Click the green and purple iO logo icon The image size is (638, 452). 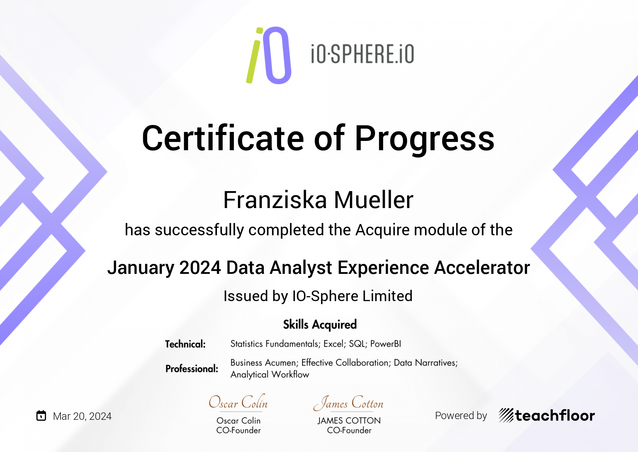[269, 55]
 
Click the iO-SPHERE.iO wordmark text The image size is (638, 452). [363, 54]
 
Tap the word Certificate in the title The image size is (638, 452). [223, 138]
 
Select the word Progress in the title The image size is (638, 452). [425, 140]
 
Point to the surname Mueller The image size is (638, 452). [374, 200]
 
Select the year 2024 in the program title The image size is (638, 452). [200, 268]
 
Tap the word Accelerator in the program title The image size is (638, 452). [482, 268]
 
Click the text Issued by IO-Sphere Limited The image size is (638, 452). [318, 296]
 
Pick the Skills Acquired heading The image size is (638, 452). [320, 324]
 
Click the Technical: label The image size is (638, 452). [185, 344]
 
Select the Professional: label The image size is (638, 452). [192, 369]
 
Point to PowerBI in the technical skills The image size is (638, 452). [386, 344]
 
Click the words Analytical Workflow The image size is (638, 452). [270, 375]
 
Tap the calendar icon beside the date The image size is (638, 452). [41, 415]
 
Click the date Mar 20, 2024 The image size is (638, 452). [82, 416]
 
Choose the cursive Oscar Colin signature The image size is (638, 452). [238, 402]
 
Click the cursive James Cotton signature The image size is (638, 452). [349, 402]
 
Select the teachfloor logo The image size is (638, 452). [547, 415]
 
